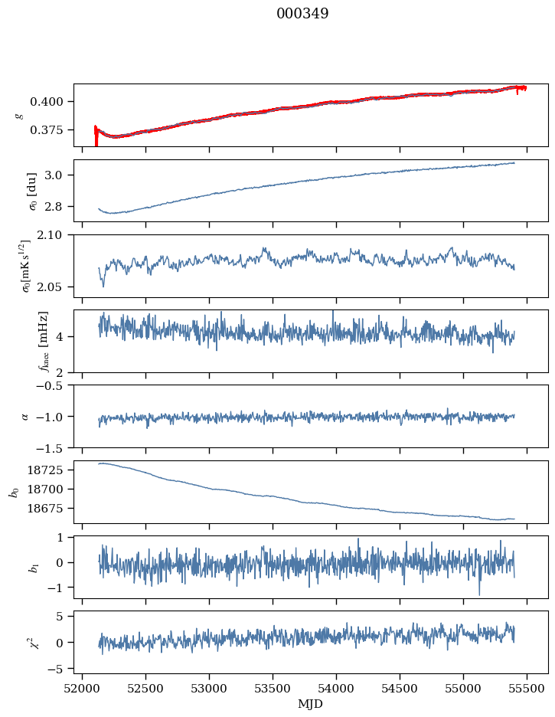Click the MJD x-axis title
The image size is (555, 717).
[x=311, y=703]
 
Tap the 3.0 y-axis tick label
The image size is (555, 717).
[x=60, y=175]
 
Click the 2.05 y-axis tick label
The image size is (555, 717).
[x=57, y=287]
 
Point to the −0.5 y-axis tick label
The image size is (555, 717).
[x=55, y=385]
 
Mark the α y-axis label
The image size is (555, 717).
[x=24, y=416]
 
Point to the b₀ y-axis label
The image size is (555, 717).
[x=13, y=491]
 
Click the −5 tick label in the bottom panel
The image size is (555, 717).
[x=60, y=670]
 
